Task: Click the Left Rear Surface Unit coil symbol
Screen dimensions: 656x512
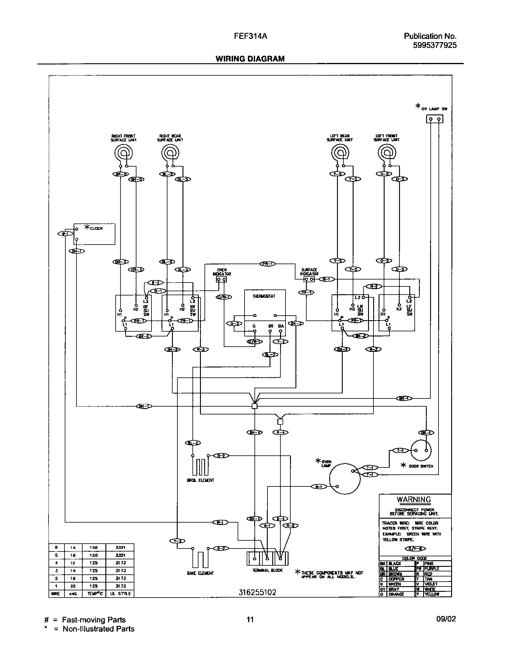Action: [x=341, y=154]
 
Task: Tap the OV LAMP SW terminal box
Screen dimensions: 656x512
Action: [x=435, y=119]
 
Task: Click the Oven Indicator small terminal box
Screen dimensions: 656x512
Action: [x=221, y=280]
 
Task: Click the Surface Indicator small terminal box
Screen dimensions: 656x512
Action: [x=309, y=280]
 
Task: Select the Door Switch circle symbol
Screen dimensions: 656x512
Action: [x=421, y=451]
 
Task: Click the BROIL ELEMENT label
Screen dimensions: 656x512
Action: [x=200, y=480]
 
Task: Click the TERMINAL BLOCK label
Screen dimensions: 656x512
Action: [x=268, y=570]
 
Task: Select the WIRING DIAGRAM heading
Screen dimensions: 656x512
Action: [x=250, y=59]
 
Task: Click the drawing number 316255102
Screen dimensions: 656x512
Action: [x=257, y=592]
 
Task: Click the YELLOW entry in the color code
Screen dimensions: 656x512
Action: [x=432, y=594]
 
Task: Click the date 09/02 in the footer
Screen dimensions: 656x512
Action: [x=446, y=619]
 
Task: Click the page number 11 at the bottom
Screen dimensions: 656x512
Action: [x=250, y=619]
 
